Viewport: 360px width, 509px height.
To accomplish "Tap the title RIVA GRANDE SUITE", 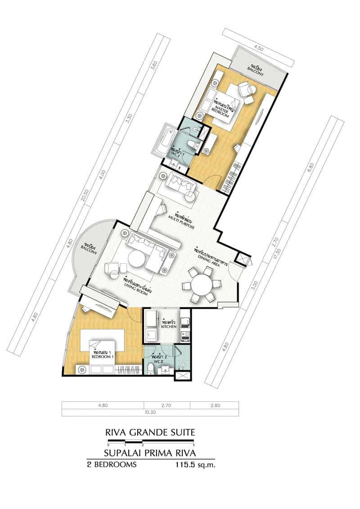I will pyautogui.click(x=150, y=432).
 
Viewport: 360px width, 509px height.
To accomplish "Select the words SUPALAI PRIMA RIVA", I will pyautogui.click(x=150, y=452).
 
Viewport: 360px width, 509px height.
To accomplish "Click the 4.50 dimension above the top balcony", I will pyautogui.click(x=258, y=46).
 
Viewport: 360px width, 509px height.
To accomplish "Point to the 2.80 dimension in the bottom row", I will pyautogui.click(x=214, y=405).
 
